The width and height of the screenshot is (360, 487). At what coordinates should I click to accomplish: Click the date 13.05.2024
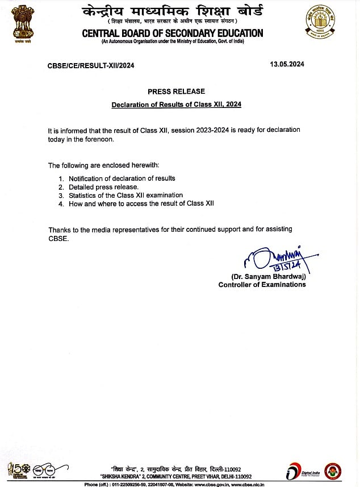pos(287,64)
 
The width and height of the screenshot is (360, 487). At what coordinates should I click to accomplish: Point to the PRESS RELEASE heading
pos(176,91)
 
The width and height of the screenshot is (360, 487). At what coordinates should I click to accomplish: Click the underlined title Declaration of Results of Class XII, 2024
pos(176,105)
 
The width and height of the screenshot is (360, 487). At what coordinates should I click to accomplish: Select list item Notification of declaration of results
pos(122,178)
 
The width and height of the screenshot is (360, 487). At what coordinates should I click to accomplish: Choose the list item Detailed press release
pos(103,187)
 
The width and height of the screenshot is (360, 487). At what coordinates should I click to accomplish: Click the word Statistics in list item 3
pos(85,195)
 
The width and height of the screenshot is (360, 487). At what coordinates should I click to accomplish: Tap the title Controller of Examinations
pos(262,284)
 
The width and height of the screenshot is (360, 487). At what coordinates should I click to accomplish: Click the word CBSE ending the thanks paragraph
pos(58,238)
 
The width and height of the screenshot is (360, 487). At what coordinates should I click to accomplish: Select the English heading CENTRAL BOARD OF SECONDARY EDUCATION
pos(172,34)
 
